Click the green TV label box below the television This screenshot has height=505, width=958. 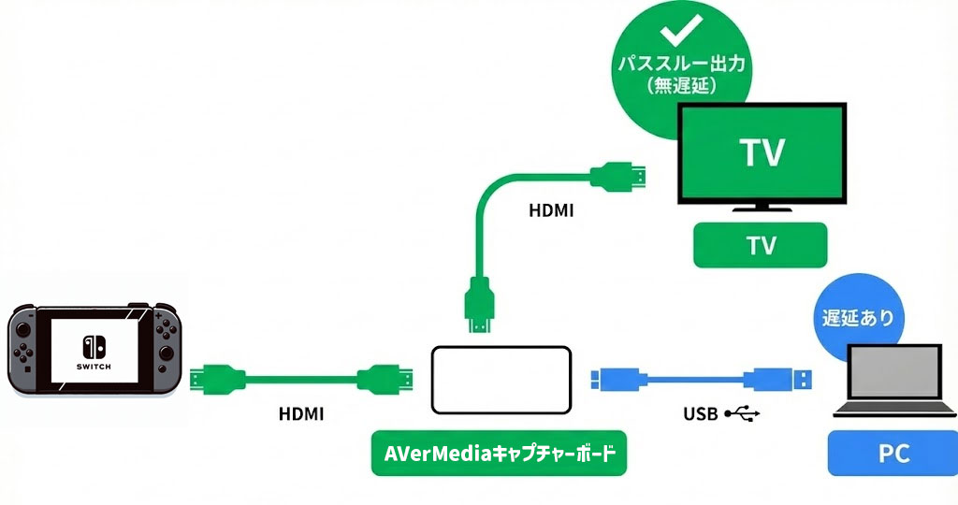pyautogui.click(x=760, y=245)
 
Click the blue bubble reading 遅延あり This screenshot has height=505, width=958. pyautogui.click(x=850, y=318)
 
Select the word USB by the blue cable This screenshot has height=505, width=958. pyautogui.click(x=701, y=411)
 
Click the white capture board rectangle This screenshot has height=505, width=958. pyautogui.click(x=501, y=380)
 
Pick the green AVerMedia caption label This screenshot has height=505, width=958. pyautogui.click(x=500, y=454)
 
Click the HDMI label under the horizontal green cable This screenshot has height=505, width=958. pyautogui.click(x=301, y=412)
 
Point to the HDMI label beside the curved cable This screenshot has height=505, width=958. pyautogui.click(x=551, y=212)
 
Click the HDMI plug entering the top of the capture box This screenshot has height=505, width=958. pyautogui.click(x=478, y=309)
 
